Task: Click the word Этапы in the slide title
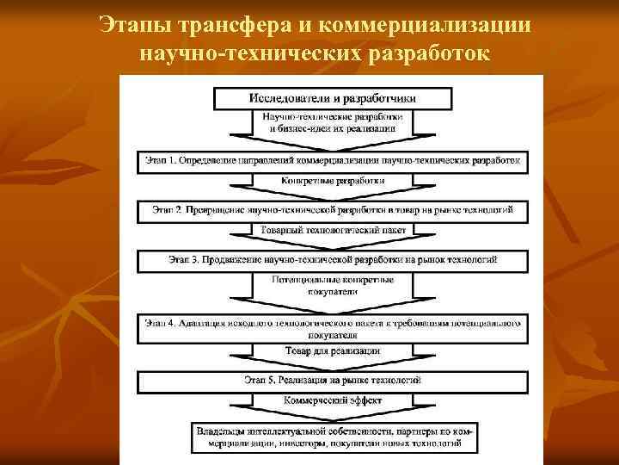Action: [126, 23]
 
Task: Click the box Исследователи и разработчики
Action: [332, 97]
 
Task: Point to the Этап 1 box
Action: [332, 161]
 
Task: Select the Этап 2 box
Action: [332, 209]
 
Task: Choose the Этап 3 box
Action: [332, 258]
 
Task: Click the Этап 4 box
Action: [332, 328]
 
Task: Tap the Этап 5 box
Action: [332, 379]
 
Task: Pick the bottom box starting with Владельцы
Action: [332, 437]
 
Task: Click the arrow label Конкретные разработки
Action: [333, 182]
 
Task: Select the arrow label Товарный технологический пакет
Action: [333, 230]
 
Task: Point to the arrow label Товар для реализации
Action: [333, 350]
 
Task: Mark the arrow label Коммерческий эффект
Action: [333, 400]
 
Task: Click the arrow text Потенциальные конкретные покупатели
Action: [333, 286]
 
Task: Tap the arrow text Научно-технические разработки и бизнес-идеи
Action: [333, 121]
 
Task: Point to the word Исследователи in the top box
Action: [291, 97]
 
